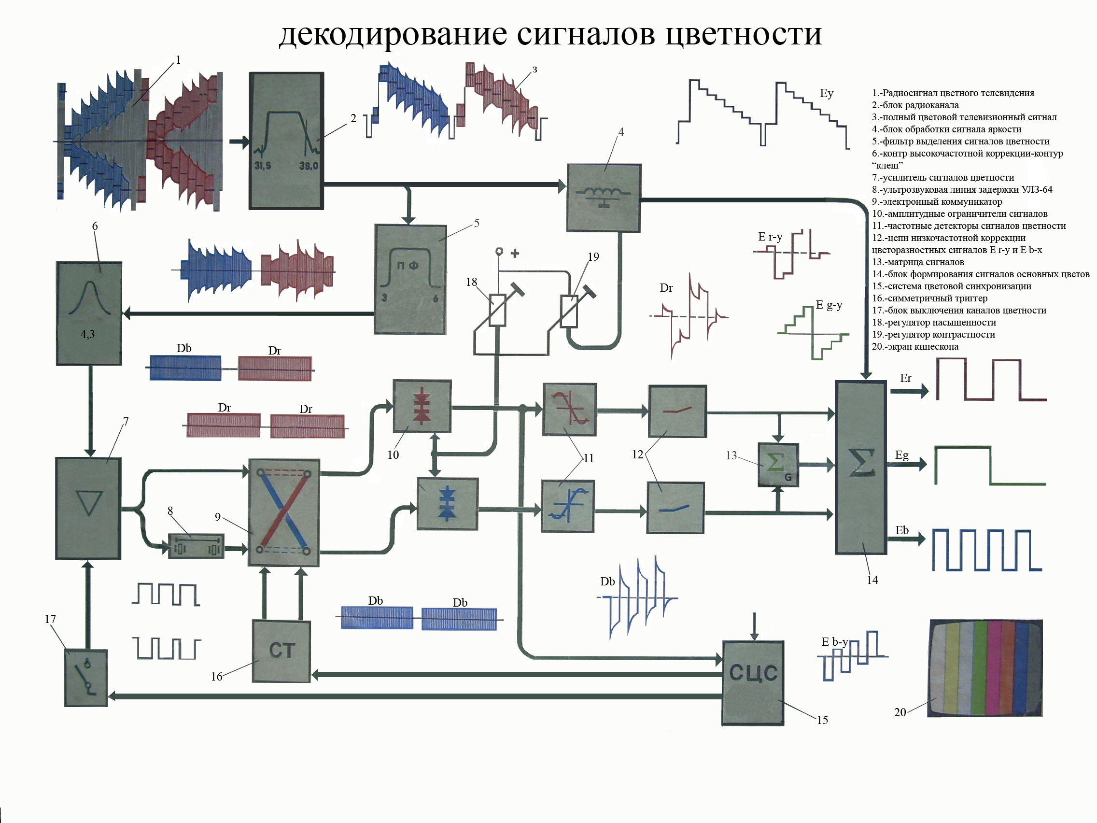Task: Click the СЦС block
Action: pos(752,683)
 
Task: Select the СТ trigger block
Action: pos(281,651)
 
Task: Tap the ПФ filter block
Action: pos(409,279)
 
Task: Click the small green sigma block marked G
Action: pos(778,465)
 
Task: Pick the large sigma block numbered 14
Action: pos(860,468)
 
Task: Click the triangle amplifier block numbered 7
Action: pos(88,508)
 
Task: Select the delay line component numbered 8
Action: pos(196,546)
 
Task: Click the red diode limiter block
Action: pos(422,406)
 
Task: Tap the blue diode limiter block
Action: pos(447,504)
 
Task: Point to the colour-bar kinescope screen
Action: pos(984,668)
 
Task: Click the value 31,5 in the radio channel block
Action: pos(262,166)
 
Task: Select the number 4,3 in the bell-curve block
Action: pos(87,334)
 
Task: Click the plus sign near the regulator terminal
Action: pos(515,253)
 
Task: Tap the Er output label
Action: pos(906,379)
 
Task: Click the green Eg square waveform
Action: pos(989,465)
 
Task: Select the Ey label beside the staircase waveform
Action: pos(826,93)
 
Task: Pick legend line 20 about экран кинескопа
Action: pos(915,347)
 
